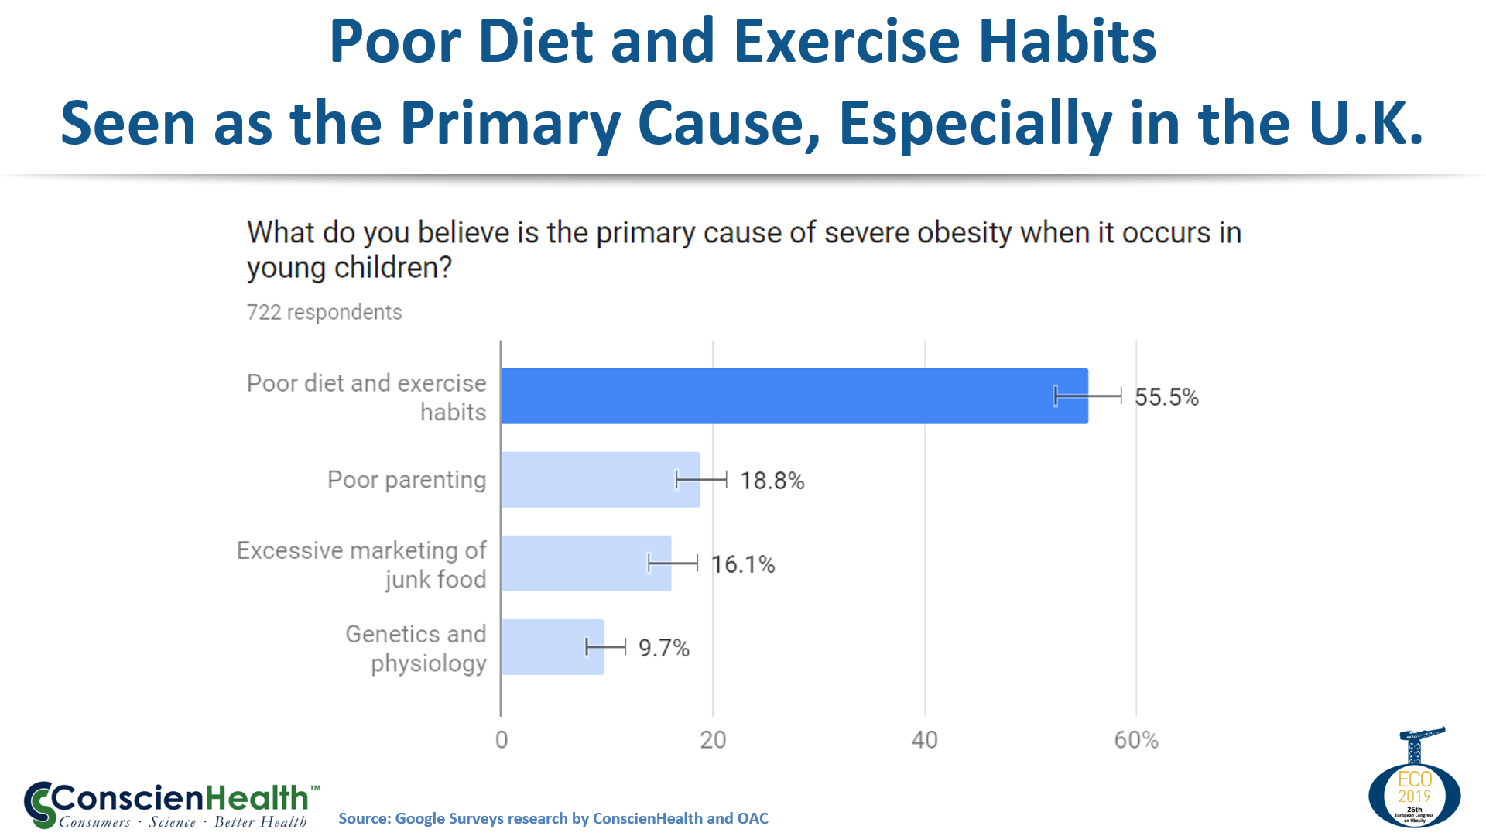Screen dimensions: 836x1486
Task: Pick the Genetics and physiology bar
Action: tap(552, 647)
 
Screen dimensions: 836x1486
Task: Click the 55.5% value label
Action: tap(1166, 397)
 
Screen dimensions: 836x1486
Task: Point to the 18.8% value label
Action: tap(772, 481)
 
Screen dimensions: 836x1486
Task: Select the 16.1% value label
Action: tap(743, 564)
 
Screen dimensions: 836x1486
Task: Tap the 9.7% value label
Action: tap(663, 648)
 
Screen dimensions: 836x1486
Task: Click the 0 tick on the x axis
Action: tap(502, 740)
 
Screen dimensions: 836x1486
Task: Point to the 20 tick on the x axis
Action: tap(713, 740)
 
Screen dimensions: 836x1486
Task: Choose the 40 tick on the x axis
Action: tap(924, 740)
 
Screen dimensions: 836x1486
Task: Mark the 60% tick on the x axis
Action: tap(1136, 740)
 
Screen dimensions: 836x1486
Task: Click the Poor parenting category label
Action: tap(406, 480)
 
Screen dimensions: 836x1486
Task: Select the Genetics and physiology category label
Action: tap(416, 648)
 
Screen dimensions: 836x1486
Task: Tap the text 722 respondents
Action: tap(324, 312)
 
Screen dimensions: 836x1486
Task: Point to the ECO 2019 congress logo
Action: tap(1415, 782)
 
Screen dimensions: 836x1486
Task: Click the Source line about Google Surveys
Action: tap(553, 818)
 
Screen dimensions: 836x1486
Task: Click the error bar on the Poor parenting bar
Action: tap(701, 480)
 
